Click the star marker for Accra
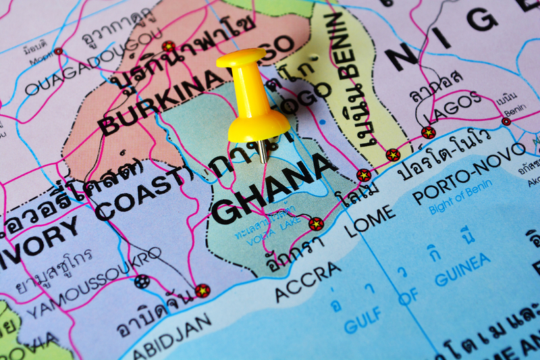tap(316, 224)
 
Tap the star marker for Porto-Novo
tap(393, 155)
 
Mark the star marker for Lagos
tap(429, 132)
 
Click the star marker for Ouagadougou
tap(168, 47)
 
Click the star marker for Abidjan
tap(202, 290)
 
